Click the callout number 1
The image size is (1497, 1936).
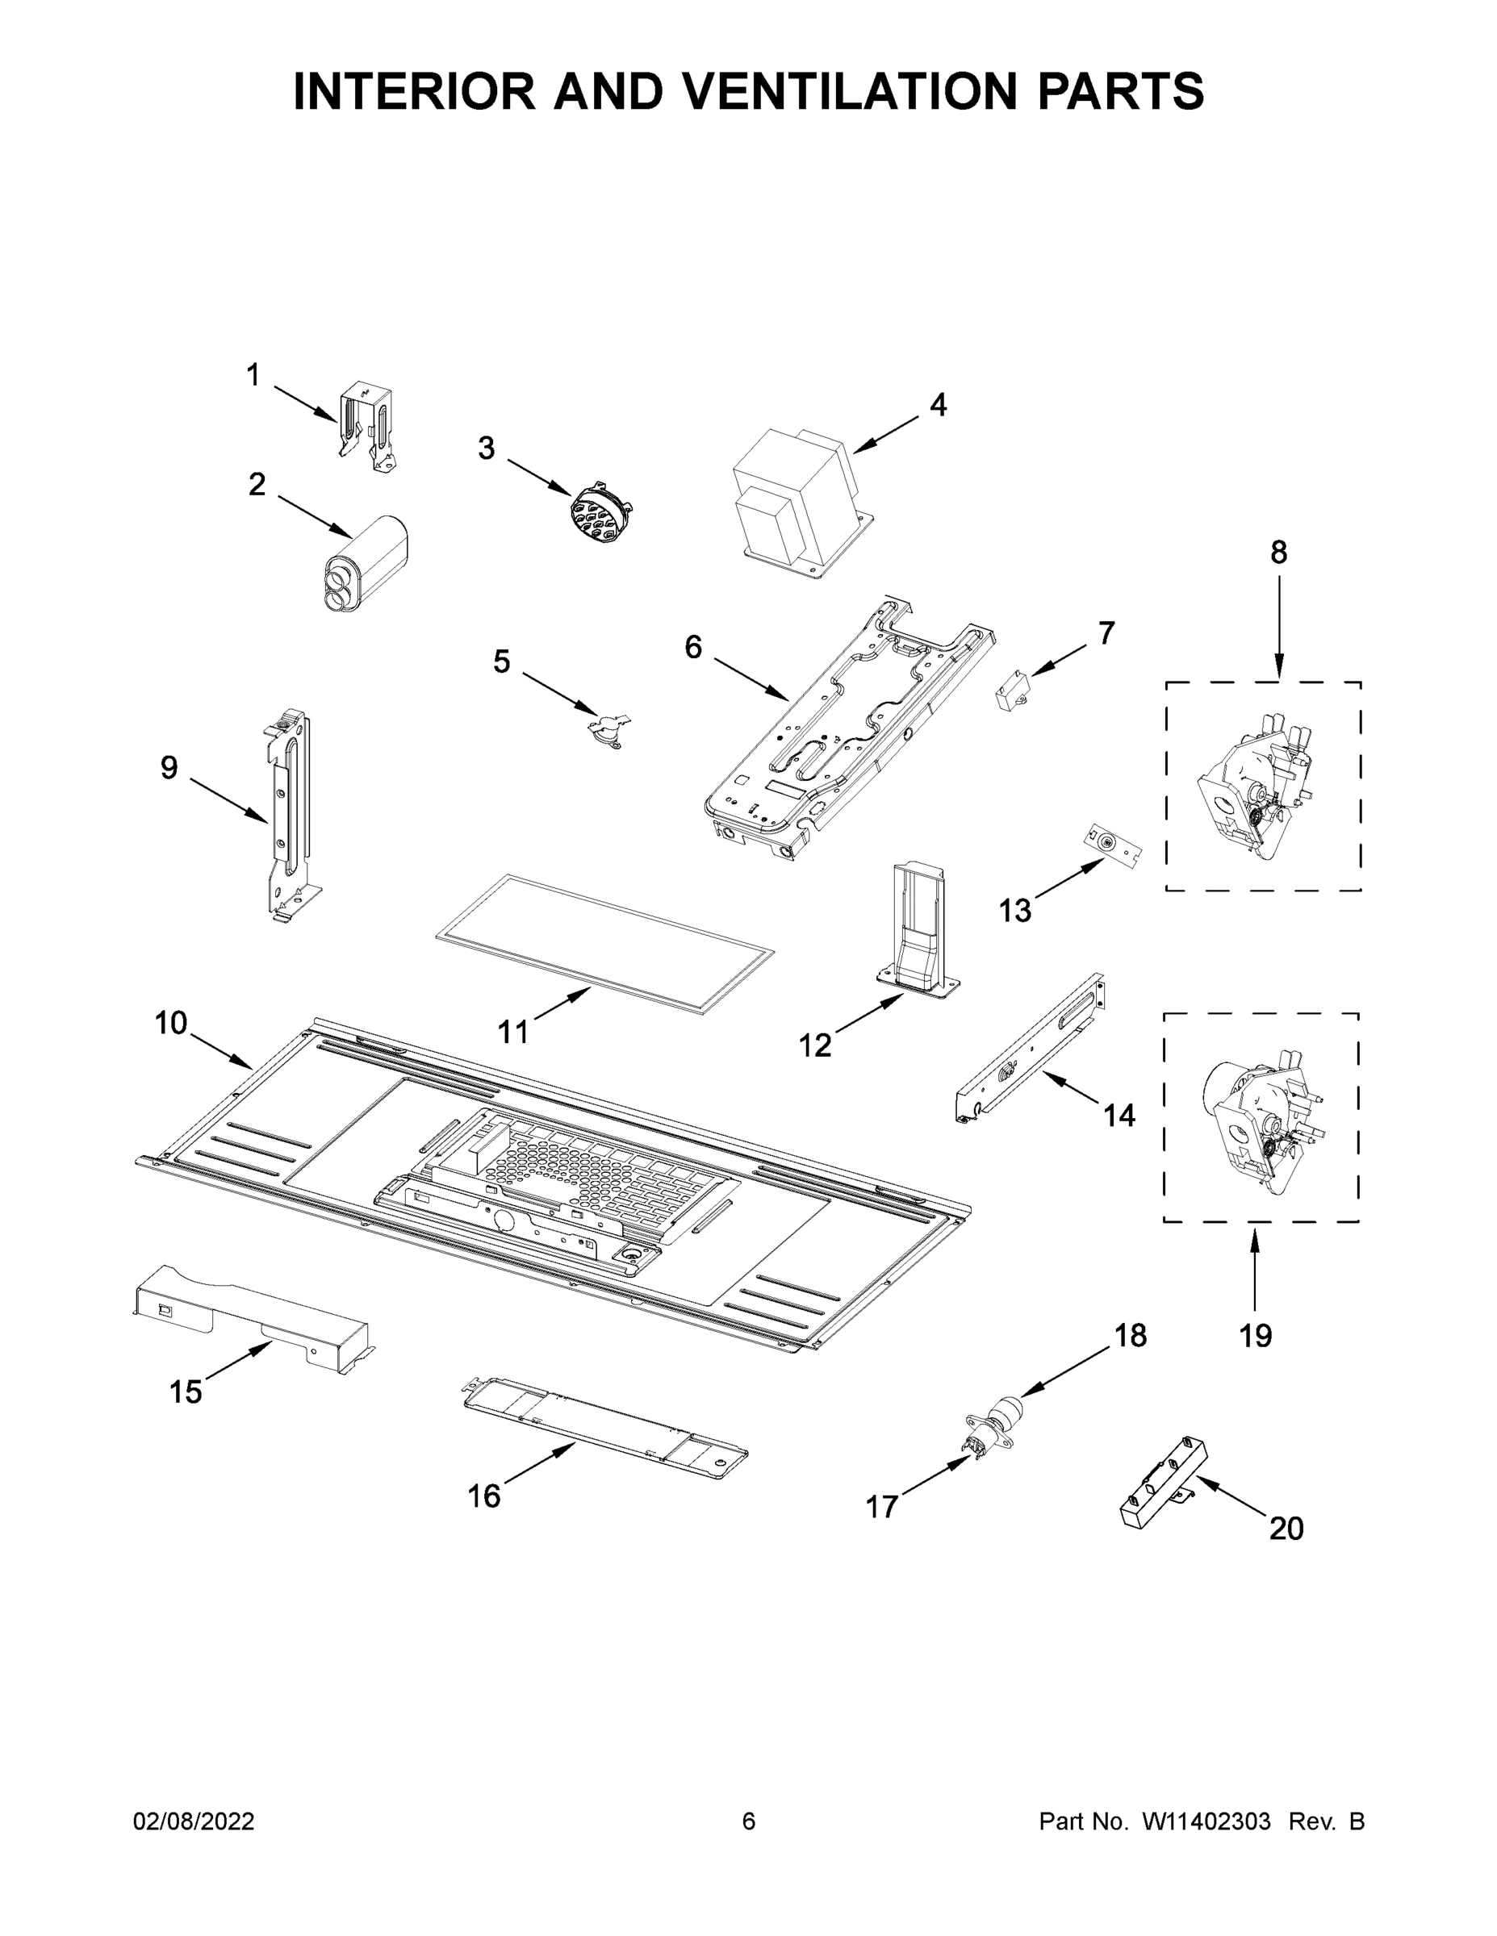[x=253, y=376]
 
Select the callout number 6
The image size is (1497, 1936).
[x=692, y=648]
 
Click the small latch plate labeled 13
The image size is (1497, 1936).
[x=1112, y=844]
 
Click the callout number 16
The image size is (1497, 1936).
[x=484, y=1496]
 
